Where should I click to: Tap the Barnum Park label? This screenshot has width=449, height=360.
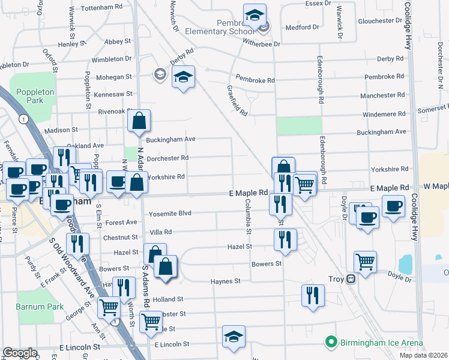pos(40,307)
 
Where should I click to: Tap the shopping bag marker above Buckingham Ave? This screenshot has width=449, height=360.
pos(139,121)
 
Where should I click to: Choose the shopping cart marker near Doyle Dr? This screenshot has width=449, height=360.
pos(365,261)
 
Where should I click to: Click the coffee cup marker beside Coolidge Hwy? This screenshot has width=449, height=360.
pos(394,206)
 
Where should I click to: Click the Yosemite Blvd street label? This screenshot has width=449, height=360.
pos(170,213)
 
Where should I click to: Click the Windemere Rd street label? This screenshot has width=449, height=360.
pos(382,114)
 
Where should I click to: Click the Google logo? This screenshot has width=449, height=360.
pos(20,353)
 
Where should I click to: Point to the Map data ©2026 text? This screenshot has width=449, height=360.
pos(423,355)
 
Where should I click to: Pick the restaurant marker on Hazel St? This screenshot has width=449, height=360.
pos(285,241)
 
